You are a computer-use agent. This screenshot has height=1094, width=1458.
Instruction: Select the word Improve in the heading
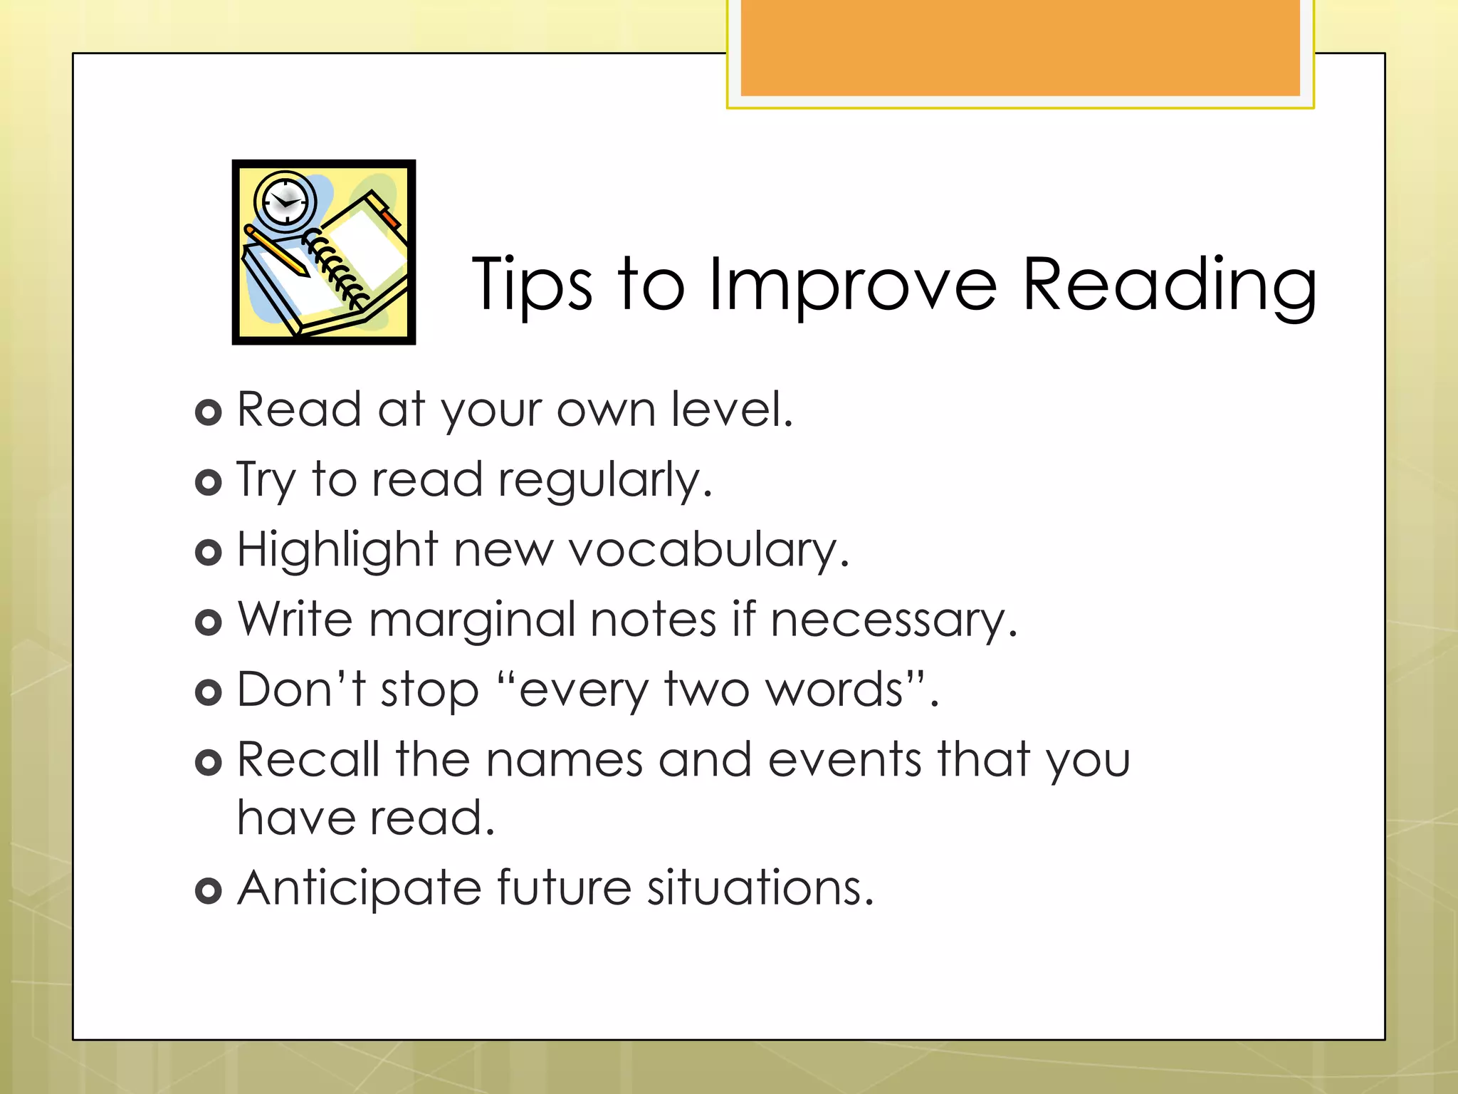pos(853,285)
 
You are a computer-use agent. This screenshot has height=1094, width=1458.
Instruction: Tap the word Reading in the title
pos(1169,285)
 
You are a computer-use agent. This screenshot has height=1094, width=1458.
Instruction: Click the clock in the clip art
pos(285,200)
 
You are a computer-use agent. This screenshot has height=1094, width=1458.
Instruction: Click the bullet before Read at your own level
pos(208,412)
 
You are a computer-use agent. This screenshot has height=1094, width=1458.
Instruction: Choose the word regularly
pos(604,481)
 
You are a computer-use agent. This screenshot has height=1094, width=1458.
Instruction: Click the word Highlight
pos(337,550)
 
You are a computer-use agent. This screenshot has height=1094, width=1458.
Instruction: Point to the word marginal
pos(471,620)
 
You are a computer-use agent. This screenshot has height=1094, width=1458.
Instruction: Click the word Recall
pos(308,759)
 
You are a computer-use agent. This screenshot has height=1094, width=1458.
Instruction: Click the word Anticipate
pos(360,889)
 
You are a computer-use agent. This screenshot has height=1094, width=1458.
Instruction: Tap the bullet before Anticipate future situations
pos(208,890)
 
